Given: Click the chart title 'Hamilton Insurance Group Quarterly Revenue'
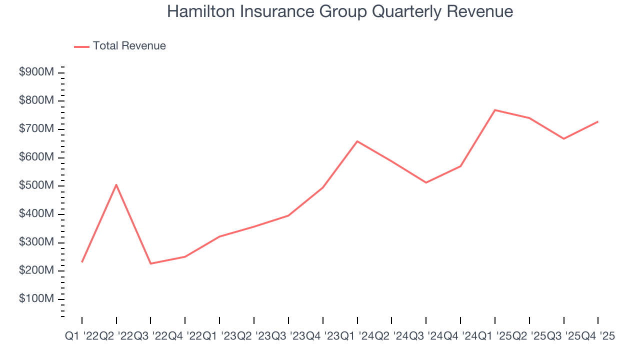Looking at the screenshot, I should click(x=340, y=11).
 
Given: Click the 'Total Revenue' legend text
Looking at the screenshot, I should click(x=129, y=46).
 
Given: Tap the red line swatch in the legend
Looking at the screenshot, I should click(x=81, y=46).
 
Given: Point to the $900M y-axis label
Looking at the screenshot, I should click(x=36, y=72).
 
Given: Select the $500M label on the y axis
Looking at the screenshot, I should click(x=36, y=186).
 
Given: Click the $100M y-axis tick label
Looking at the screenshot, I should click(x=36, y=299).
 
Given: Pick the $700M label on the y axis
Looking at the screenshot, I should click(x=36, y=129).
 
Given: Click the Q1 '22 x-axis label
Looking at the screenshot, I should click(x=81, y=336).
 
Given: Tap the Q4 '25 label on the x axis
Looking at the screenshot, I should click(x=598, y=336).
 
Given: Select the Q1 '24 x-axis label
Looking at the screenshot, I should click(x=357, y=336).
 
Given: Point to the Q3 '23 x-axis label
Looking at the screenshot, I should click(x=288, y=336).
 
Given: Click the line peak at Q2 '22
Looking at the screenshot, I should click(x=116, y=184).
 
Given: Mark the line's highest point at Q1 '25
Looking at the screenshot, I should click(x=494, y=110).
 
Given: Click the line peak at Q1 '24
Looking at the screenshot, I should click(x=357, y=141).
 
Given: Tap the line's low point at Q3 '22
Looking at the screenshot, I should click(x=150, y=263).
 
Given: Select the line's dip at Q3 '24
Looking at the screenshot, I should click(x=426, y=182).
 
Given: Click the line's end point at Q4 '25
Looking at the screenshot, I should click(x=598, y=121).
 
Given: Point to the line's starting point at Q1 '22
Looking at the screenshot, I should click(x=81, y=262).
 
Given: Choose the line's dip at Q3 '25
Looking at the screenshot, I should click(x=563, y=138).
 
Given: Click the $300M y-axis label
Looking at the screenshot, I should click(x=36, y=242).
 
